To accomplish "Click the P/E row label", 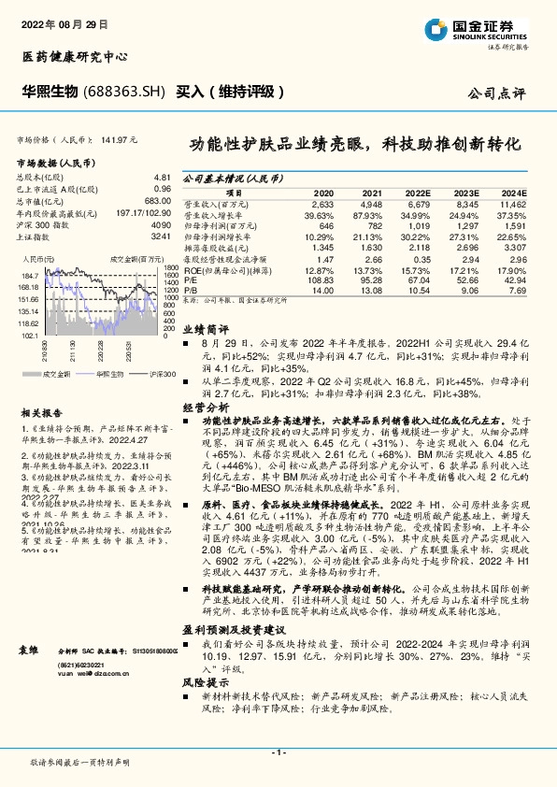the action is pos(189,279).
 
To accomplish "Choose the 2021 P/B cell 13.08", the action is pos(371,290).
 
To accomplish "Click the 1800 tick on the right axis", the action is pos(169,266).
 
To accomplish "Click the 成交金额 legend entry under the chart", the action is pos(53,374).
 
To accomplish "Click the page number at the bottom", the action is pos(278,751).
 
